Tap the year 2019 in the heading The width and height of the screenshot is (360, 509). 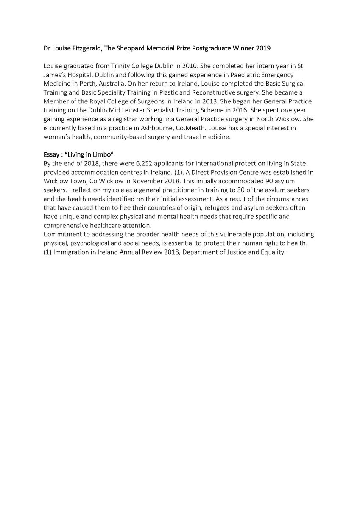pyautogui.click(x=262, y=49)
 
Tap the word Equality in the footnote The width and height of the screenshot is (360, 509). pyautogui.click(x=273, y=252)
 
